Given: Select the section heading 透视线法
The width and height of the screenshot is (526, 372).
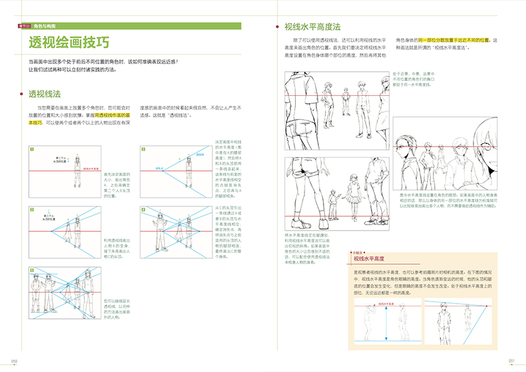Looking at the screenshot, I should click(43, 95).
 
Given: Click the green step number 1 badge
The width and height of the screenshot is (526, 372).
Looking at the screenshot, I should click(31, 149).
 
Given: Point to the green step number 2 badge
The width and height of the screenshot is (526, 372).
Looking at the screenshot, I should click(144, 149).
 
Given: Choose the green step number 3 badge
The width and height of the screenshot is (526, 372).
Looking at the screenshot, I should click(31, 209).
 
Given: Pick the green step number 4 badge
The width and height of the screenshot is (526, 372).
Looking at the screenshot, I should click(144, 209).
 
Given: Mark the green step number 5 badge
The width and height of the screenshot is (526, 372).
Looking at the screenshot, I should click(31, 269).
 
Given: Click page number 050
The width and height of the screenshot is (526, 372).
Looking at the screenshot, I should click(13, 360).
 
